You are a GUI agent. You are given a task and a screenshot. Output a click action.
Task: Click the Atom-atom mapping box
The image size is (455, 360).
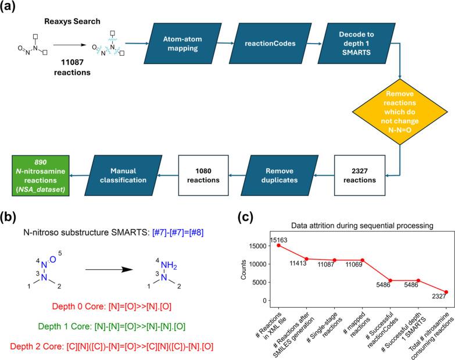click(183, 44)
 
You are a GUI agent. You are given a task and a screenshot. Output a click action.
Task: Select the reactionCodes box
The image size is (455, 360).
click(270, 44)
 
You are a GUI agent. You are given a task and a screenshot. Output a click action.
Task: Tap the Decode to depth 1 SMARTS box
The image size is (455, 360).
click(356, 44)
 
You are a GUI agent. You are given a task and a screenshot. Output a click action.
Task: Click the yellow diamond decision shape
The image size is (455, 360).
click(400, 112)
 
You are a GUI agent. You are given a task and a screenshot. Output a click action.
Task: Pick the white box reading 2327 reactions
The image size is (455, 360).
click(360, 176)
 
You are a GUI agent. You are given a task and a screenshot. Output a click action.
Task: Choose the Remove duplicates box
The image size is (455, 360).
click(280, 176)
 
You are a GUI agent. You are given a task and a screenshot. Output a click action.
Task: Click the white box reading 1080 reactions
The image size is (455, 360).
click(203, 176)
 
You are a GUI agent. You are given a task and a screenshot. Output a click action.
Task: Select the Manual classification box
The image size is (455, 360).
click(123, 176)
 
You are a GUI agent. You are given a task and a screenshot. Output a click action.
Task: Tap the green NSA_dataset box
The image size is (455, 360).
click(41, 176)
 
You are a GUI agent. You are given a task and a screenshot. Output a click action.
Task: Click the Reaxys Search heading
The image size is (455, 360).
click(72, 21)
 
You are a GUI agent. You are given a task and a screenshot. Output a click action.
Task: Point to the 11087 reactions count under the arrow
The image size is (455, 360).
click(72, 67)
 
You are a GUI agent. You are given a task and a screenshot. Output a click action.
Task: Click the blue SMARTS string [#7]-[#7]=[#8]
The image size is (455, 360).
click(178, 232)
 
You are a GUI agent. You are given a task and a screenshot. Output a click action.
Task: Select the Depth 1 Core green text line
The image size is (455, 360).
click(112, 326)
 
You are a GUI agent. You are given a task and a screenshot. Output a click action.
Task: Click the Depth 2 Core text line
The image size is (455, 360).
click(112, 347)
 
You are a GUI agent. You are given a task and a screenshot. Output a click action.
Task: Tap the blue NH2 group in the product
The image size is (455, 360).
click(169, 265)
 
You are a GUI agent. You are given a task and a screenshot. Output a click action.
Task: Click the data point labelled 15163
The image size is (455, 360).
click(278, 245)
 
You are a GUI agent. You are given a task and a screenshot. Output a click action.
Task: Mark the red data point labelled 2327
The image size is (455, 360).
click(446, 292)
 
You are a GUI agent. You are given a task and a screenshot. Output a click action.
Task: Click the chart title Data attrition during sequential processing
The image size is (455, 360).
click(362, 226)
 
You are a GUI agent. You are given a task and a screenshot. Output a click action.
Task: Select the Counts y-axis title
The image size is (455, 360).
click(243, 270)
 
